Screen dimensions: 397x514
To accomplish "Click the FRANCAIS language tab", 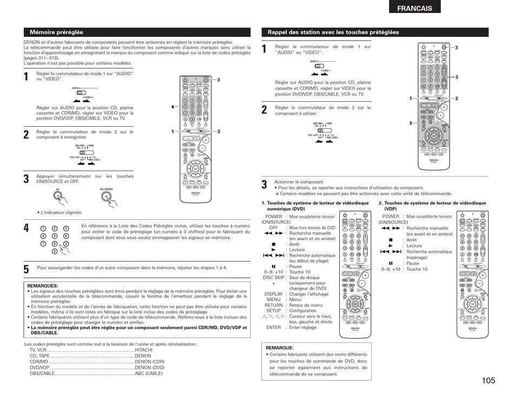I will point(414,8).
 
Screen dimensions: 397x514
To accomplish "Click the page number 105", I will point(487,380).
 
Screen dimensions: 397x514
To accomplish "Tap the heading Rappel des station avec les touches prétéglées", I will point(333,32).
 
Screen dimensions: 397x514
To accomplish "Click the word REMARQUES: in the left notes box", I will point(43,285).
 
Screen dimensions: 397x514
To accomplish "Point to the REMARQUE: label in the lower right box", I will point(280,348).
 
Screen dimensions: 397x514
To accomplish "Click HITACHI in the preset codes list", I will point(143,350).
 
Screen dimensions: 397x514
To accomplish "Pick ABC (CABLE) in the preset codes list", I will point(149,373).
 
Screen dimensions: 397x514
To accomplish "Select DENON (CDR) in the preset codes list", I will point(150,361).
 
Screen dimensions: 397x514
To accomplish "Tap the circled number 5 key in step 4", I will point(55,236).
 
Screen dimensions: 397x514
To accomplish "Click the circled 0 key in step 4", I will point(55,252).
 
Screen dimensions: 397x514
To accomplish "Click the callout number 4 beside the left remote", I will point(173,107).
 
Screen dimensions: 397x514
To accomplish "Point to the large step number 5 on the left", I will point(27,269).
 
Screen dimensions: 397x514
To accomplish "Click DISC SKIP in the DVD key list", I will point(276,277).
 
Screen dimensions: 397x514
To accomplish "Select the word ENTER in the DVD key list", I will point(274,327).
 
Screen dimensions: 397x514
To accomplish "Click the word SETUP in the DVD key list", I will point(274,311).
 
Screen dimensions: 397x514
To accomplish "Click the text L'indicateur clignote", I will point(61,213).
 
